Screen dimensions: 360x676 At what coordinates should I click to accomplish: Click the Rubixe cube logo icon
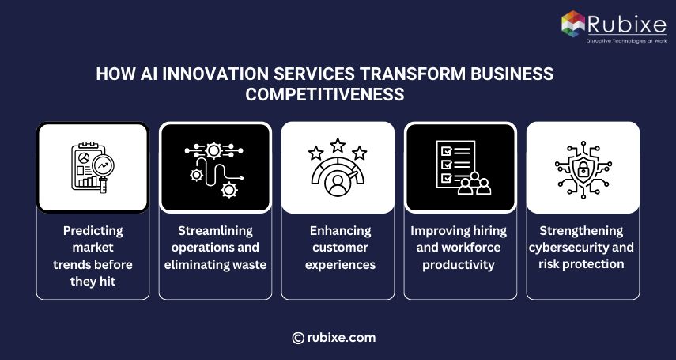coord(574,22)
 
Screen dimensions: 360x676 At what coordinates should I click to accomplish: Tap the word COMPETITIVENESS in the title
coord(324,94)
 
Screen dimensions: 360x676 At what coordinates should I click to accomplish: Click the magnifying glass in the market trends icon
coord(103,165)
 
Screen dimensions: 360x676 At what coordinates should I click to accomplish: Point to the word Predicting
coord(93,230)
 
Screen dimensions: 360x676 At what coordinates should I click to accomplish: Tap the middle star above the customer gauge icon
coord(338,146)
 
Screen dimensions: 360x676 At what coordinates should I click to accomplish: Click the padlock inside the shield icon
coord(583,169)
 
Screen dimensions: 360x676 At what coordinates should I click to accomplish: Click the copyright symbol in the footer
coord(298,338)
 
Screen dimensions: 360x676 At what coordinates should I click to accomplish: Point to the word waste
coord(247,264)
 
